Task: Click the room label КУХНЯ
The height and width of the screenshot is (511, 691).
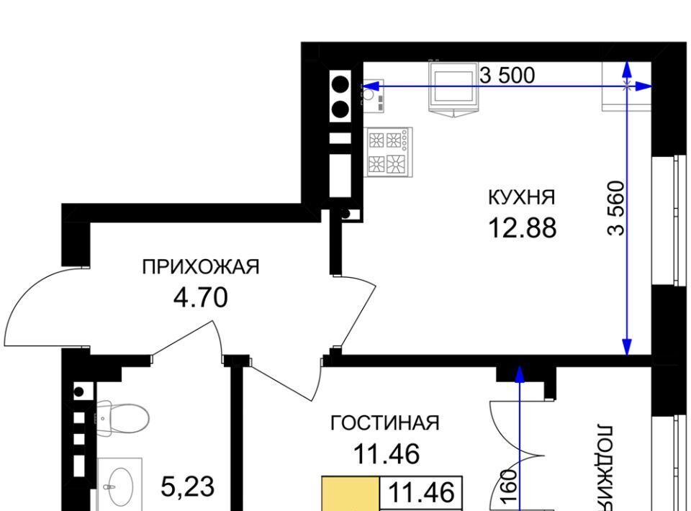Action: (522, 197)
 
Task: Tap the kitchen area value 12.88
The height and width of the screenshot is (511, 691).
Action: (523, 228)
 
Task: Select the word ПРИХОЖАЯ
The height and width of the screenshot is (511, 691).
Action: (201, 267)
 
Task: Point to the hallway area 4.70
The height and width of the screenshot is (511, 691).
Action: (201, 297)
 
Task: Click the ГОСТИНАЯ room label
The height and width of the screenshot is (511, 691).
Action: (384, 423)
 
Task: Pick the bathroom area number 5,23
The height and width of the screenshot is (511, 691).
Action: (188, 487)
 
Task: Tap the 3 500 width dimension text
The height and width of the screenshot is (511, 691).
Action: (507, 76)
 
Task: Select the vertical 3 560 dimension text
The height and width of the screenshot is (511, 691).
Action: (617, 209)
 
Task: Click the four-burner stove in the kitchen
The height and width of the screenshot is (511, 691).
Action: (388, 152)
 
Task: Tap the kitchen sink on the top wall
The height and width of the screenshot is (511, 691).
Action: (454, 89)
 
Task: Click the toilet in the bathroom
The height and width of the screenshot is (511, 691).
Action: (122, 417)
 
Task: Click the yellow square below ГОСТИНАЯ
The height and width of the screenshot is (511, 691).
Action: (351, 494)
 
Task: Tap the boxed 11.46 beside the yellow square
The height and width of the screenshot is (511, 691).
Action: (421, 493)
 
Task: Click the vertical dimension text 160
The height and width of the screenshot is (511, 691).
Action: (510, 487)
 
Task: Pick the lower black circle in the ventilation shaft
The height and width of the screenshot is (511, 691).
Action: (340, 109)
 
